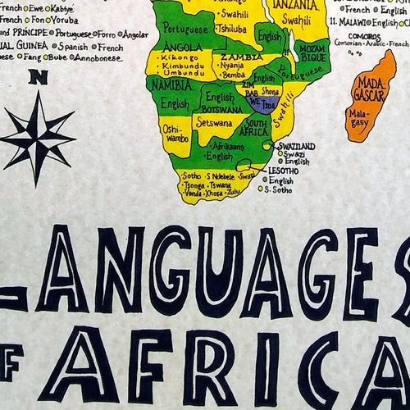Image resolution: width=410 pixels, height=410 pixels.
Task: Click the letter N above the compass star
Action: [x=36, y=79]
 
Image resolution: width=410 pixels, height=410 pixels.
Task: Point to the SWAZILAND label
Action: [x=297, y=146]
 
